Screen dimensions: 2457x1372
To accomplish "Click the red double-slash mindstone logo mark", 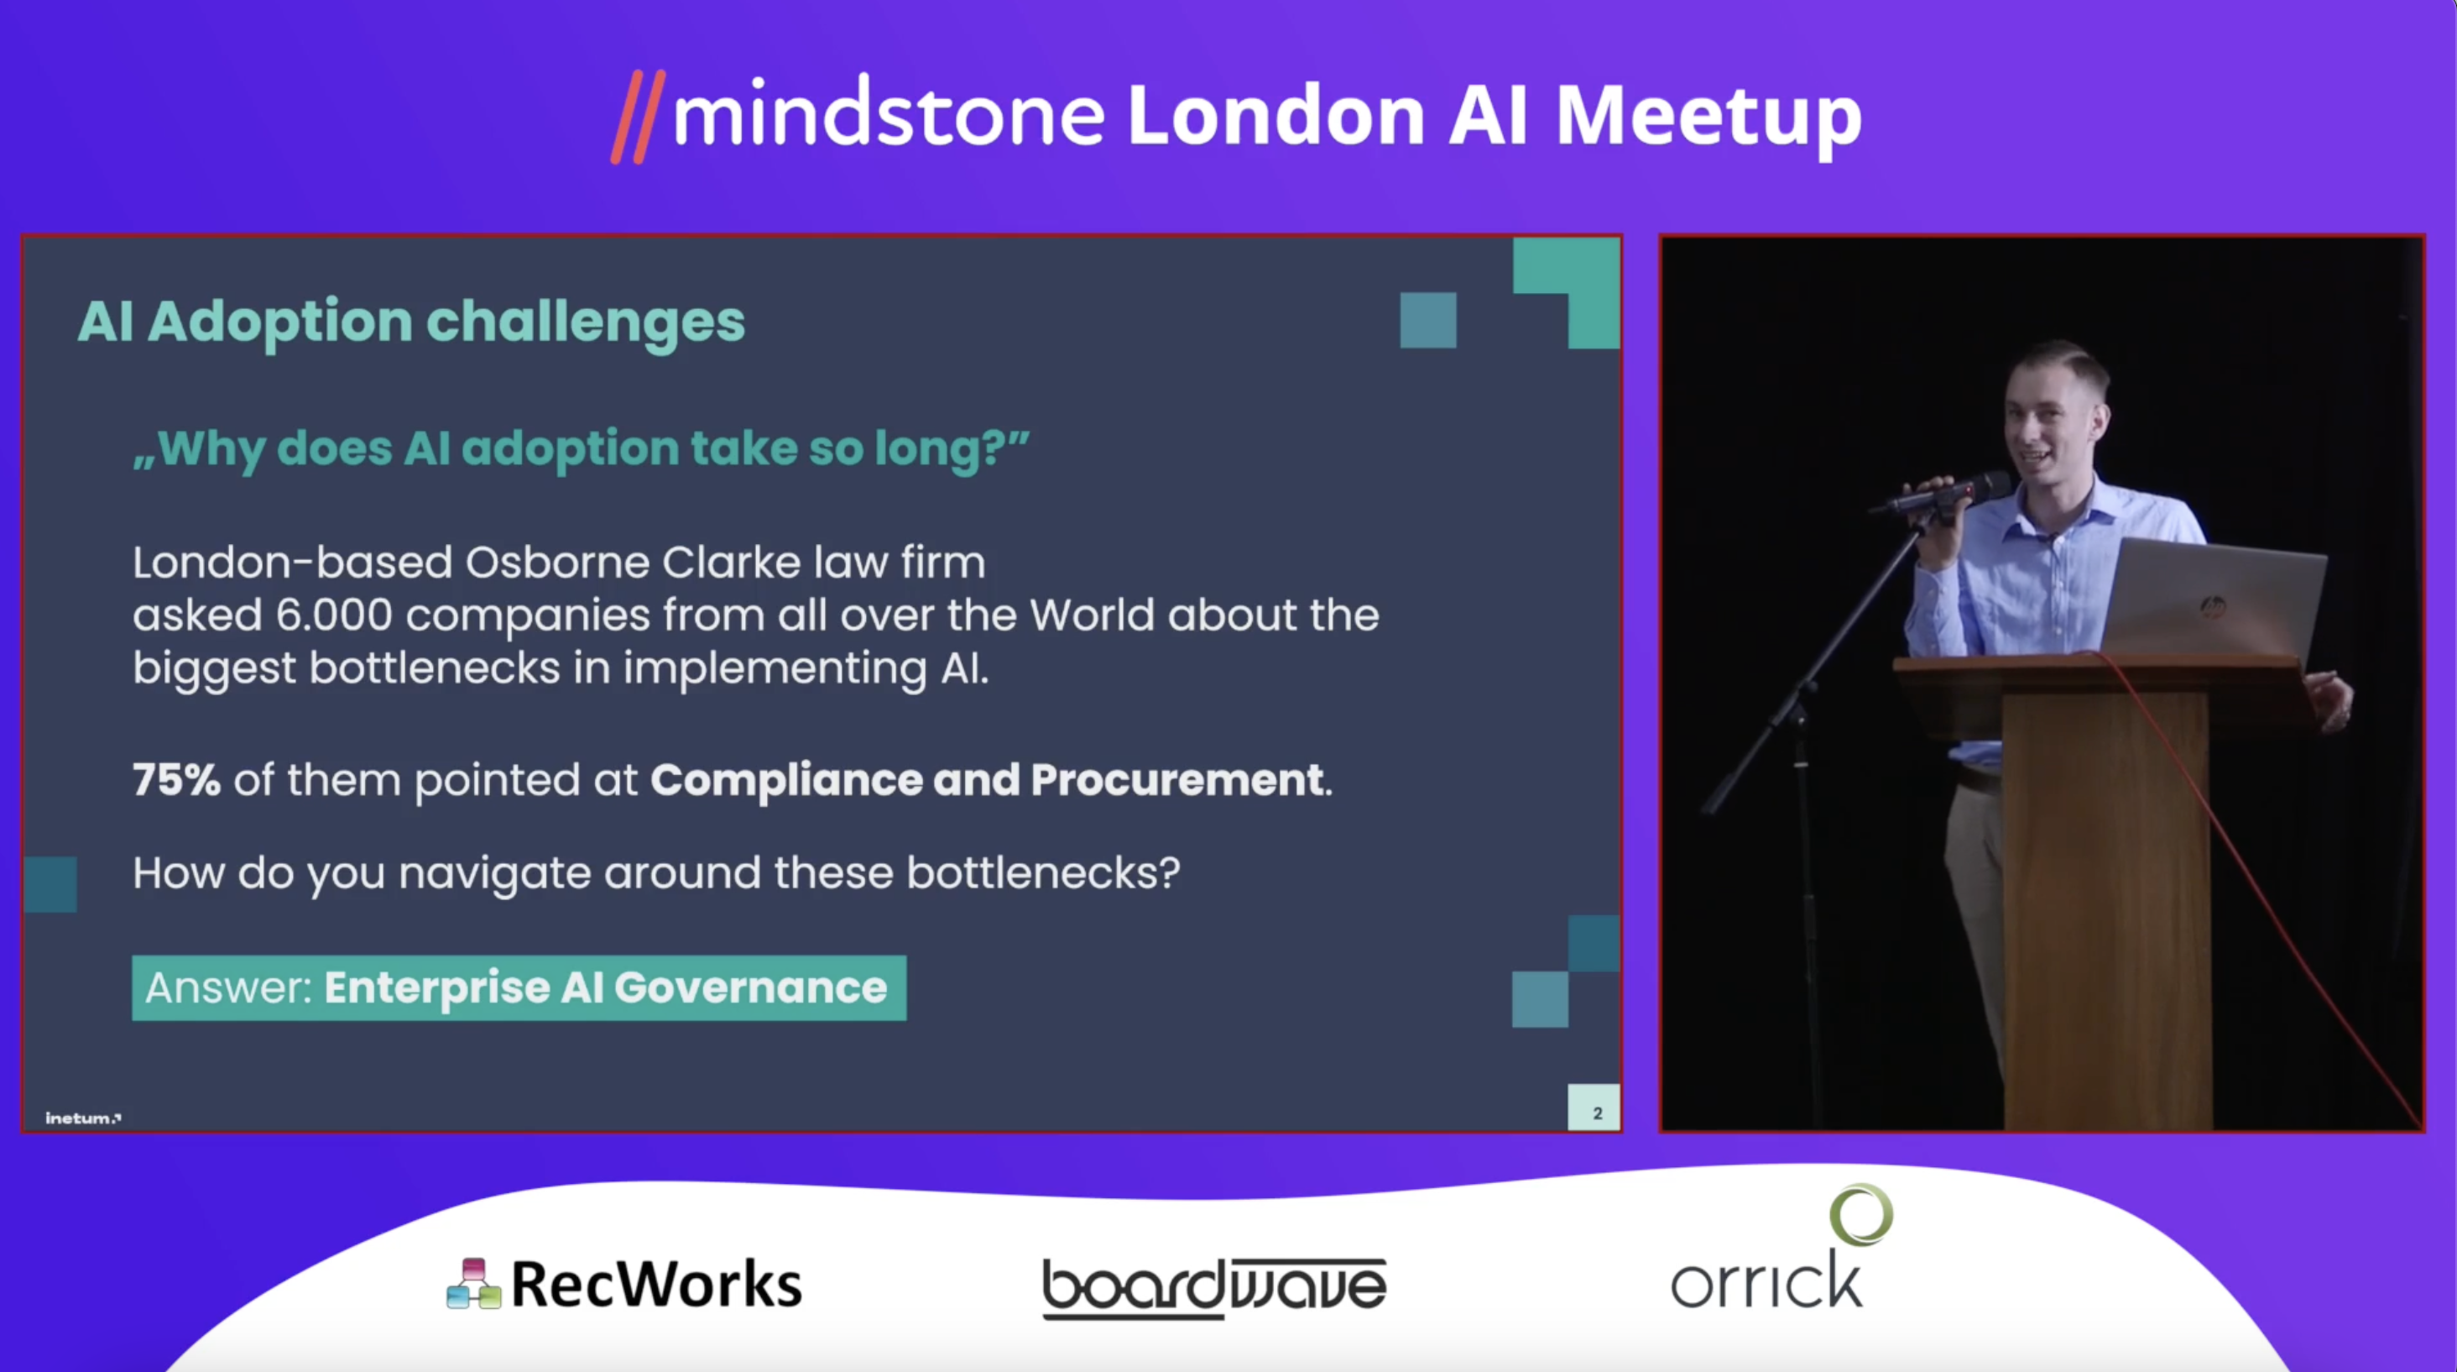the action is pos(638,118).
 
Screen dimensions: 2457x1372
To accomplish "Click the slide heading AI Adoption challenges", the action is pos(411,322).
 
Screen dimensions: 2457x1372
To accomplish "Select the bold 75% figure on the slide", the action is pos(176,779).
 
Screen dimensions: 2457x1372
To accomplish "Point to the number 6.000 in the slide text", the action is pos(334,615).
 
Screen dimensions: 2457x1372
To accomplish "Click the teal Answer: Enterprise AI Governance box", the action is pos(519,987).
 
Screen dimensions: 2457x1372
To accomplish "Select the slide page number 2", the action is pos(1597,1113).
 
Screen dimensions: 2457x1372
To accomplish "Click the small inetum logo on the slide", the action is pos(83,1118).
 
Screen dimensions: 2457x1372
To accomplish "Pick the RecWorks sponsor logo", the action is pos(625,1283).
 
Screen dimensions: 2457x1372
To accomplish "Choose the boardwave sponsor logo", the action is pos(1214,1288).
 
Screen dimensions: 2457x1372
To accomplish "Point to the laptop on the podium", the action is pos(2213,596).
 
